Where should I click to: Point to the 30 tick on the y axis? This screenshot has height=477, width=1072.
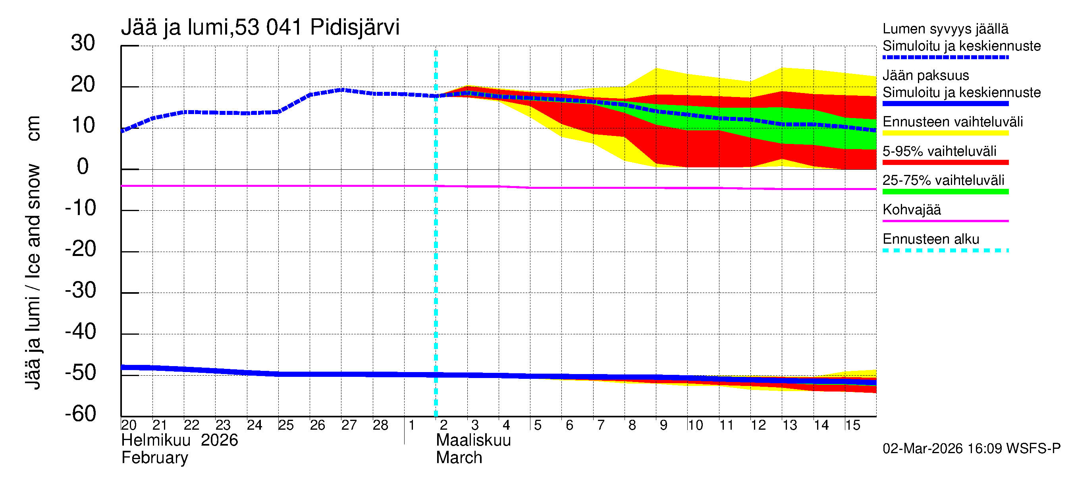pyautogui.click(x=83, y=43)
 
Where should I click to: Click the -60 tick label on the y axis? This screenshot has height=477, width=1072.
pyautogui.click(x=80, y=414)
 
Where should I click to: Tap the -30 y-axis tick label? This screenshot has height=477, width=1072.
pyautogui.click(x=80, y=290)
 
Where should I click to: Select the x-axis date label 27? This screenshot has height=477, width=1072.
pyautogui.click(x=349, y=425)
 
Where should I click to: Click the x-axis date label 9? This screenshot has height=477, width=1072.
pyautogui.click(x=663, y=425)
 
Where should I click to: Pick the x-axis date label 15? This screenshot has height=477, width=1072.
pyautogui.click(x=852, y=425)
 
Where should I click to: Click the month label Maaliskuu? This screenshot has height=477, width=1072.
pyautogui.click(x=473, y=440)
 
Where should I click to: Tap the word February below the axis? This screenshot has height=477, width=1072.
pyautogui.click(x=154, y=458)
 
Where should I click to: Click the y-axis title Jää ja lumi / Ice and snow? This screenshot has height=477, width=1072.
pyautogui.click(x=33, y=252)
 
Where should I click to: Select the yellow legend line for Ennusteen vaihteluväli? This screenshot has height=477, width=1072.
pyautogui.click(x=945, y=133)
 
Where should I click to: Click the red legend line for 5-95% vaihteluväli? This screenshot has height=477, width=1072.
pyautogui.click(x=945, y=163)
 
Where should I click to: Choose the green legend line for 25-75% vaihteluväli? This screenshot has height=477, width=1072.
pyautogui.click(x=945, y=192)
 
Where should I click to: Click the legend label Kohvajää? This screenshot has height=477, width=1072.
pyautogui.click(x=911, y=209)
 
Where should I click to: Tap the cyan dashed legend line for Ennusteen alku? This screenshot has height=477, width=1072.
pyautogui.click(x=945, y=250)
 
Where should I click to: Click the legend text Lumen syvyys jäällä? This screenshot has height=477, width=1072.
pyautogui.click(x=945, y=29)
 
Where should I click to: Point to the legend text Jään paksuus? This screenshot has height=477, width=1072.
pyautogui.click(x=925, y=76)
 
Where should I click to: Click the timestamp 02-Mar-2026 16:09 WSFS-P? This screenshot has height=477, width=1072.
pyautogui.click(x=971, y=449)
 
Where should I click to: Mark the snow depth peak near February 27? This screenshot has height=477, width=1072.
pyautogui.click(x=342, y=89)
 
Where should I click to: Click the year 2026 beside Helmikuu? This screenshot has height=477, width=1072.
pyautogui.click(x=219, y=440)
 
